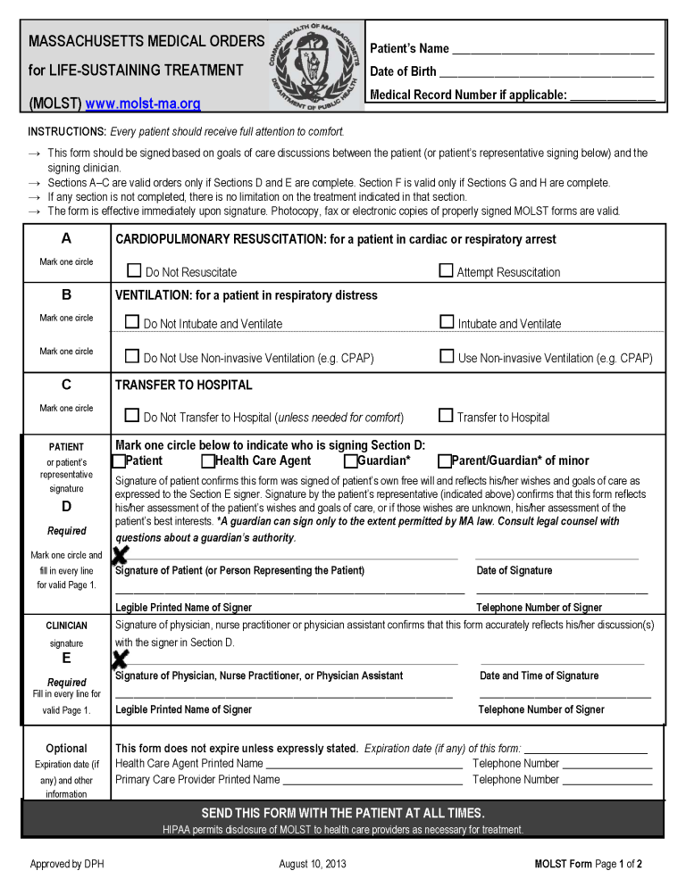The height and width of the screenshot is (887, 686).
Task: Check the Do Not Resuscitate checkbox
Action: (134, 270)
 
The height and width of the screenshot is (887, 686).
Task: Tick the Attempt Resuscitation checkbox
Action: (446, 270)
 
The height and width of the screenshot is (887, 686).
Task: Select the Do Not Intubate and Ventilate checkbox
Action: (132, 322)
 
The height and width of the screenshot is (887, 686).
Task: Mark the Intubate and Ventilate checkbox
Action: (448, 322)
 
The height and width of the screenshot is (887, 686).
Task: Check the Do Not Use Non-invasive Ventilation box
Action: (132, 356)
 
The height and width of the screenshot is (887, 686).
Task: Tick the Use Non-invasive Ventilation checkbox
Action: (448, 356)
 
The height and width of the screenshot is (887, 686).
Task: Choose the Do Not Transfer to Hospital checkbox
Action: (132, 415)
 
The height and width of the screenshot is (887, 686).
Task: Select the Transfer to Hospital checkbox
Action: (446, 415)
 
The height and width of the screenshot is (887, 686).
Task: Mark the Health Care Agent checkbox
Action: (207, 461)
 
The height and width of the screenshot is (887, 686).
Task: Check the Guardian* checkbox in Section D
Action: (350, 461)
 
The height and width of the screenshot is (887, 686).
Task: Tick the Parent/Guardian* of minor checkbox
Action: (444, 461)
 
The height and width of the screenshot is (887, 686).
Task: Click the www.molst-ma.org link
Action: (143, 104)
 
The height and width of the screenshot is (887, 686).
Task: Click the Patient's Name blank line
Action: (553, 50)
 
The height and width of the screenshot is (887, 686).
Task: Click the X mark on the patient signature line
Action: (121, 555)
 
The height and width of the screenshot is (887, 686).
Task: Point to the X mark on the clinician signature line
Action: (120, 659)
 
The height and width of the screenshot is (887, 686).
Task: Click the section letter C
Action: (66, 385)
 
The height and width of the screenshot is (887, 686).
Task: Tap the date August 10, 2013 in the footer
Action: (313, 864)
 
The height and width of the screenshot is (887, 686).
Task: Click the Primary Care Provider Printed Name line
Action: (372, 781)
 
